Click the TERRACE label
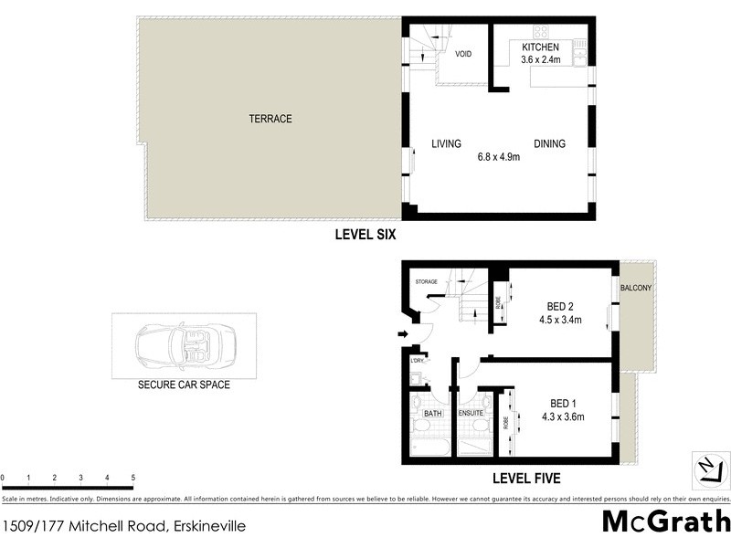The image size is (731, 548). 270,119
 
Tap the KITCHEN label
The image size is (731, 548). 540,47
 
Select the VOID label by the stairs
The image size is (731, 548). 463,54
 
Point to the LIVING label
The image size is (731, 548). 446,143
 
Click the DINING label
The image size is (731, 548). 549,143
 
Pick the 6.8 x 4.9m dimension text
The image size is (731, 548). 498,157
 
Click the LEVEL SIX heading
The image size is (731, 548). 365,235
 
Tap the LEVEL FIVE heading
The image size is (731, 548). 525,478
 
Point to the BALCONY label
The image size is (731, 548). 636,288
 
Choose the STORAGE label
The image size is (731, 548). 428,281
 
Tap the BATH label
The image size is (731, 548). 432,414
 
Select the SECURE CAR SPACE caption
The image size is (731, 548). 184,385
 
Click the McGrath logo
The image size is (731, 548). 666,522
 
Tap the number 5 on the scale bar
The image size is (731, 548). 133,478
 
